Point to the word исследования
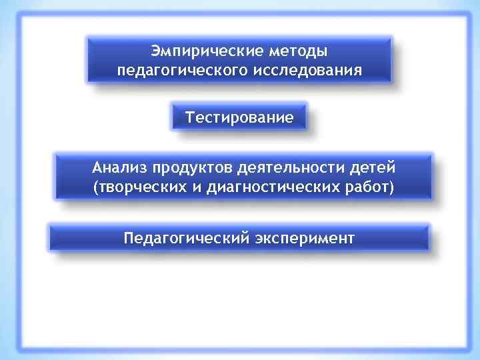tap(307, 70)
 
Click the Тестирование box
tap(239, 118)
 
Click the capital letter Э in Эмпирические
tap(155, 51)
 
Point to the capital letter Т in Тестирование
tap(190, 118)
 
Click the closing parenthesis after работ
tap(391, 187)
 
